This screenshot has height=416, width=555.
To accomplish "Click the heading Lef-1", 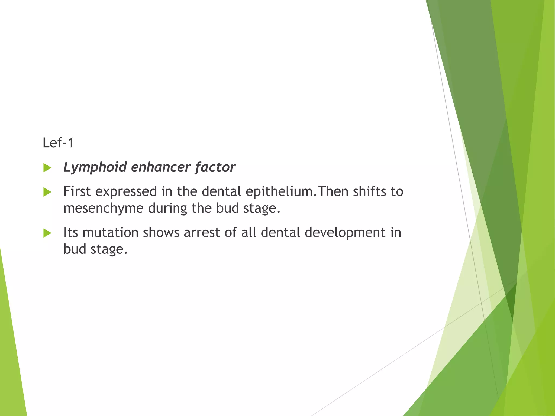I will [x=58, y=143].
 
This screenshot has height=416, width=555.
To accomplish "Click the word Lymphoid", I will [x=95, y=167].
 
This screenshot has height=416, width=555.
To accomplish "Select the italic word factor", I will [x=215, y=167].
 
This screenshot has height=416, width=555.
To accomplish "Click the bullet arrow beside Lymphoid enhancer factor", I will [x=47, y=168].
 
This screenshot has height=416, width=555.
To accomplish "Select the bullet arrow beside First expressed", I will [x=47, y=192].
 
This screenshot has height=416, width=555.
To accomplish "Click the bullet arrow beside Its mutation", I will [x=47, y=233].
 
